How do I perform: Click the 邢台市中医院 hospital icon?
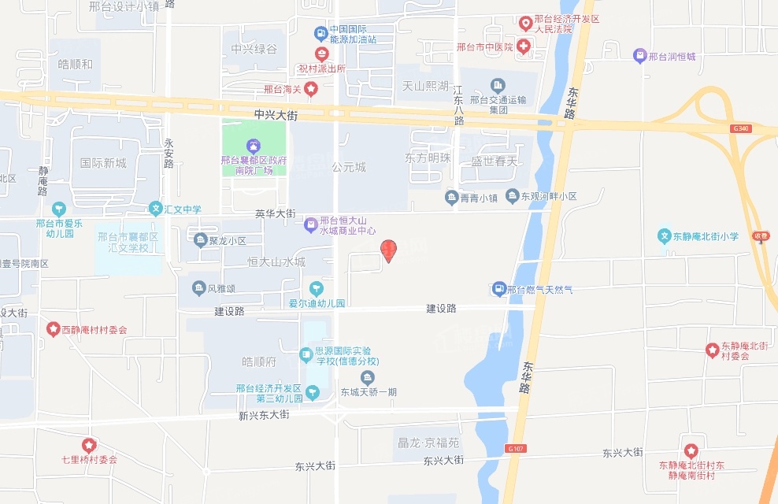tap(524, 47)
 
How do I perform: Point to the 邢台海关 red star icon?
tap(311, 89)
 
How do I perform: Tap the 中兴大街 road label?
tap(276, 115)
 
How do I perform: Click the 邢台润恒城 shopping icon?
tap(639, 56)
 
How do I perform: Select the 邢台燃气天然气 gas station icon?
tap(498, 289)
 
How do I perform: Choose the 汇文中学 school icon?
tap(155, 209)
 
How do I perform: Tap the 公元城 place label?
tap(349, 167)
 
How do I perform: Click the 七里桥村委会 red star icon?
tap(89, 445)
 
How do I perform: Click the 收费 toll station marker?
tap(760, 235)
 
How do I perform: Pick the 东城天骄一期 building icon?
tap(368, 377)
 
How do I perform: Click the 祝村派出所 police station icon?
tap(321, 54)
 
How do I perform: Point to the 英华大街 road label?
tap(275, 213)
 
